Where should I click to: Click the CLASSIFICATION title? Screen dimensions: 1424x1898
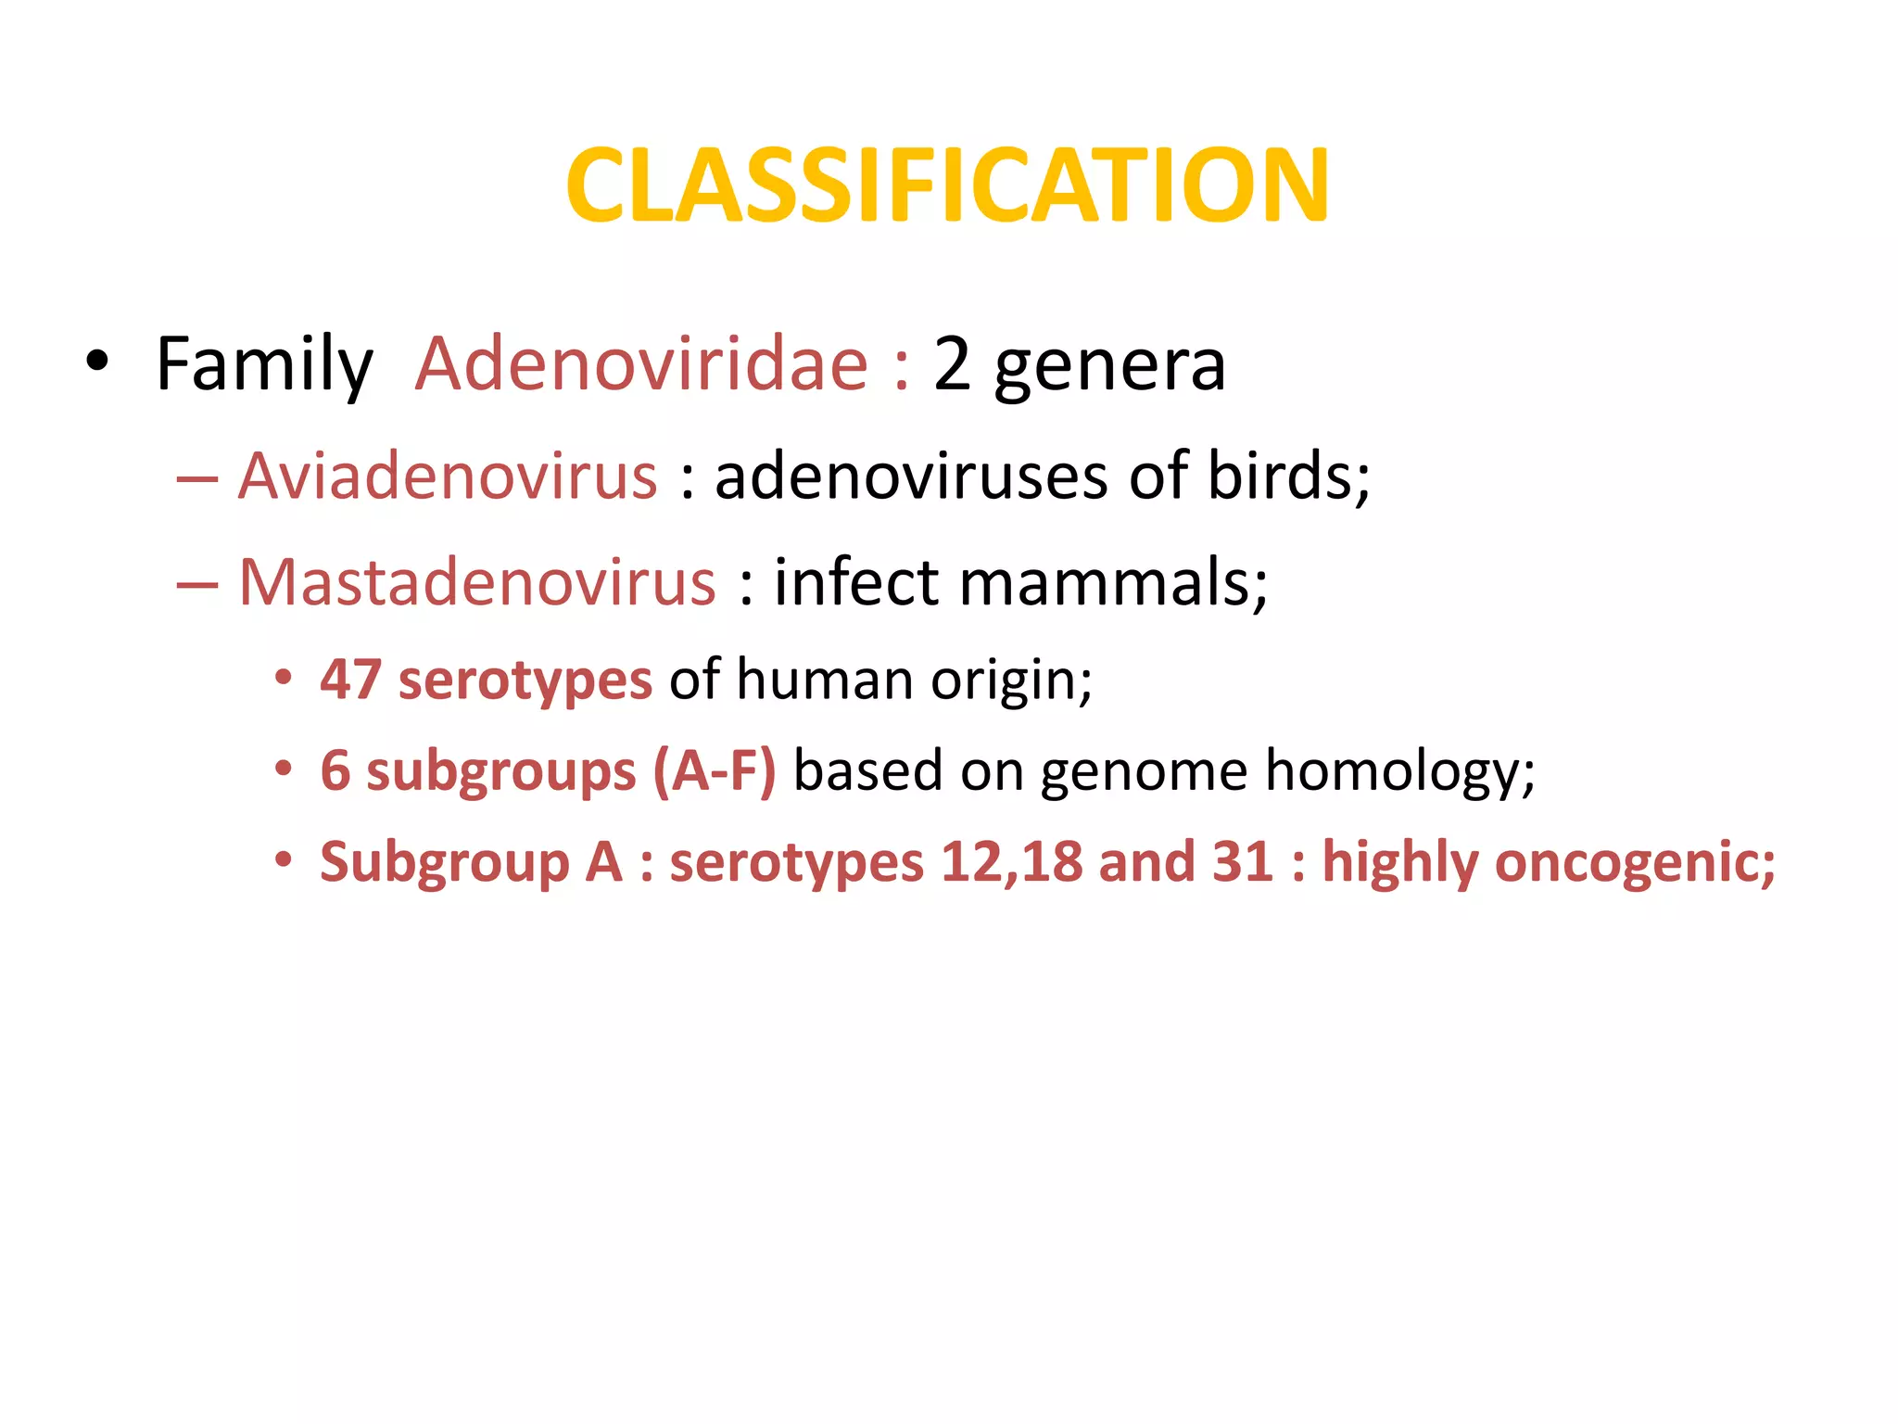click(x=947, y=186)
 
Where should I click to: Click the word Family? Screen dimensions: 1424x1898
click(x=263, y=364)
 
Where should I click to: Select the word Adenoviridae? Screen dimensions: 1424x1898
click(x=641, y=364)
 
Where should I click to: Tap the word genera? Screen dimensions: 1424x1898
click(x=1109, y=364)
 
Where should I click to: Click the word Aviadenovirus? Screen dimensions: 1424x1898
click(x=448, y=476)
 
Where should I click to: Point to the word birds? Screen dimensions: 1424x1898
click(x=1286, y=476)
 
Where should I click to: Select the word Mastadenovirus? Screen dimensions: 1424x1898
click(x=477, y=583)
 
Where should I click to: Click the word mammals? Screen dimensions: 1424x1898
click(x=1112, y=583)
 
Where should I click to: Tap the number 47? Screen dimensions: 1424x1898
click(x=350, y=680)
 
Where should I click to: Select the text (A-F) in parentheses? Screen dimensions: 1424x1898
click(x=714, y=770)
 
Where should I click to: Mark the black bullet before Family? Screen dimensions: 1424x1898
click(x=96, y=362)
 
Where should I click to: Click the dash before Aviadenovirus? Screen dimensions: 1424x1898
click(x=196, y=478)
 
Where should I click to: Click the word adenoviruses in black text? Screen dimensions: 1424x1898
click(x=911, y=476)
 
